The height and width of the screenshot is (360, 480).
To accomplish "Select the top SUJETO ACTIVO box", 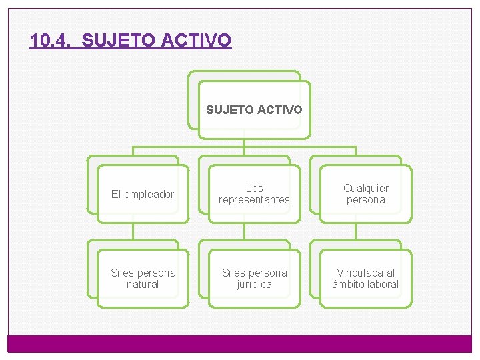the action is point(253,109).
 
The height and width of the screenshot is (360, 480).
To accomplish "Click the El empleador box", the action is point(142,194).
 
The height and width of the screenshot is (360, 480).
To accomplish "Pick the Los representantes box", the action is point(254,194).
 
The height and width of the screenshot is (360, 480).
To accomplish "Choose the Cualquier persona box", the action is point(365,194).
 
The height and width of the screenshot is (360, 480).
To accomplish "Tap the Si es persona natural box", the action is point(143,279).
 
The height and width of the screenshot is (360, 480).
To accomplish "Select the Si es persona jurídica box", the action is point(254,279).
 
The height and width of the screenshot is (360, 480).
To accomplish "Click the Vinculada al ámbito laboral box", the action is point(365,279).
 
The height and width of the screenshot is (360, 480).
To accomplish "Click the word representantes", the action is point(254,200).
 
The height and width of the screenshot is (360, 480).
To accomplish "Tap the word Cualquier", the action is point(365,188).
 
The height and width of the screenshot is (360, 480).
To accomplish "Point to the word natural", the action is point(143,285).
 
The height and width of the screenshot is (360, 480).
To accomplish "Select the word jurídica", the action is point(254,285).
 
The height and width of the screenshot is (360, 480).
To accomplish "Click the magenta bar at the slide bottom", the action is point(240,343).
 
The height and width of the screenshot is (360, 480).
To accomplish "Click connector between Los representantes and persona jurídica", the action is point(244,231).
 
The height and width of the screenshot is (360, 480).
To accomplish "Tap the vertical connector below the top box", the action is point(244,143).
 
